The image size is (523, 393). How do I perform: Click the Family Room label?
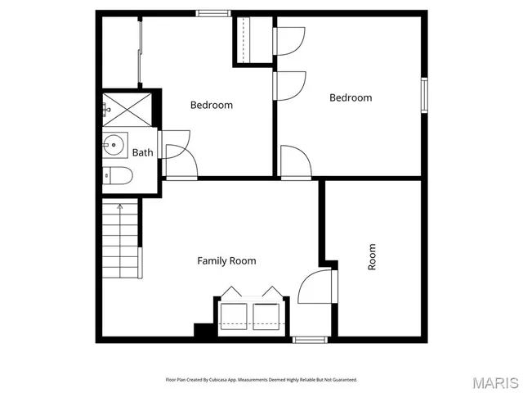(226, 261)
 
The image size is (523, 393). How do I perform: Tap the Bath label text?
(142, 152)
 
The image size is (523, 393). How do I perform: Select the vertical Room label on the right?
(372, 257)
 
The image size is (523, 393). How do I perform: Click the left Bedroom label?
(211, 105)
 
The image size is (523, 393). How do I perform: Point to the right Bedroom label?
(350, 97)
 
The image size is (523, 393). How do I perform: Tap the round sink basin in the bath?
(114, 147)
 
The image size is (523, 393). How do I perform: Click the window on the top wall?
(212, 13)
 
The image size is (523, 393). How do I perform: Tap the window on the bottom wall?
(310, 339)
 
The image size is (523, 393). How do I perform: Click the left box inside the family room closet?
(235, 315)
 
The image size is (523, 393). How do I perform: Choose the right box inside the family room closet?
(266, 315)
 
